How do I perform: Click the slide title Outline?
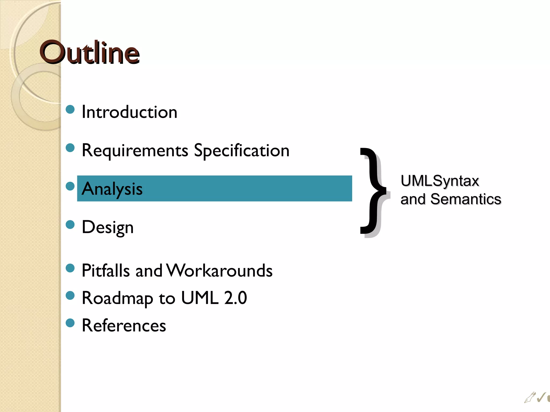coord(89,53)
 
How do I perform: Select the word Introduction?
coord(129,112)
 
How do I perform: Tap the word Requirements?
coord(135,150)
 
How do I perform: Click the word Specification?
coord(242,150)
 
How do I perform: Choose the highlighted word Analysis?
coord(112,189)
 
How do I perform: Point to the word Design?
coord(108,227)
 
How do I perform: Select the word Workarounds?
coord(220,270)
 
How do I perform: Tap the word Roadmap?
coord(117,298)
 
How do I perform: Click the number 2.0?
coord(236,298)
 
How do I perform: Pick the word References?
coord(124,326)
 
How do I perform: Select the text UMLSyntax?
coord(440,181)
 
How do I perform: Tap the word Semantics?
coord(466,199)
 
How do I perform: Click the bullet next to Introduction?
coord(70,109)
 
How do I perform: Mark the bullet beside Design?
coord(70,225)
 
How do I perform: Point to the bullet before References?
coord(70,323)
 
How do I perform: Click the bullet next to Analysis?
coord(70,186)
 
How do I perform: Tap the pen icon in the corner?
coord(530,398)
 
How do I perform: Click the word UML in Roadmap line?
coord(200,298)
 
